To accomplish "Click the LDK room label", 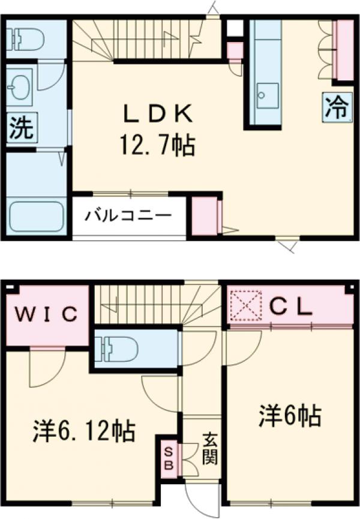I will (x=157, y=113).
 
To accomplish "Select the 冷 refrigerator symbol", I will (x=337, y=107).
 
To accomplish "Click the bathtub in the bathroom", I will (x=37, y=215).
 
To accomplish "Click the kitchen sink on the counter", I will (x=266, y=94).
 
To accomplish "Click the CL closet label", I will (x=291, y=307).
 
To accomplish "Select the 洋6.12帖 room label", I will (x=83, y=430).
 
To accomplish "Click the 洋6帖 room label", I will (x=290, y=415).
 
